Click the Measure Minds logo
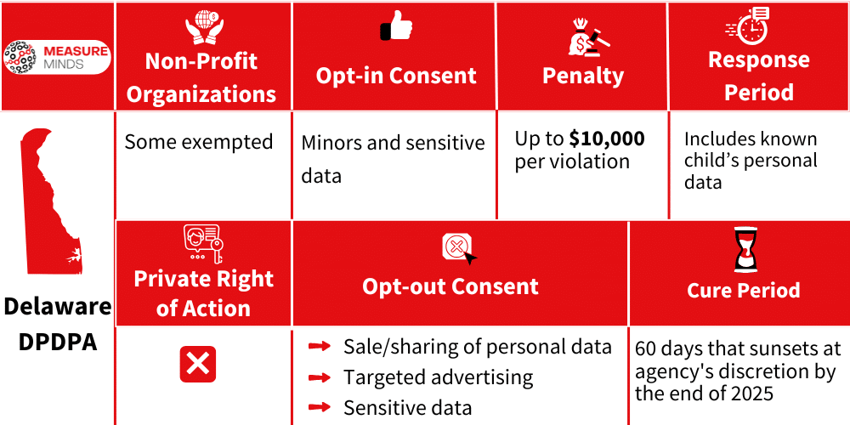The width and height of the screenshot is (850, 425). [x=56, y=57]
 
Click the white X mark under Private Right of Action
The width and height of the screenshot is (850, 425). [x=198, y=365]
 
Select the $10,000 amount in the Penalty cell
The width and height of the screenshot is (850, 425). [x=607, y=139]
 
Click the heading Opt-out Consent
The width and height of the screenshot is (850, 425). [x=450, y=286]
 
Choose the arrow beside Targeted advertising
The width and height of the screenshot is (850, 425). [x=320, y=377]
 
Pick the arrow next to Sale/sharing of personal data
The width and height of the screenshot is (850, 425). [x=320, y=346]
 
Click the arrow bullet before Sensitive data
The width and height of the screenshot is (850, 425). [x=320, y=407]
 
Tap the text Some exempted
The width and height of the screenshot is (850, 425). [x=199, y=142]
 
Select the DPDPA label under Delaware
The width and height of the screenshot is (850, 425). [x=57, y=343]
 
